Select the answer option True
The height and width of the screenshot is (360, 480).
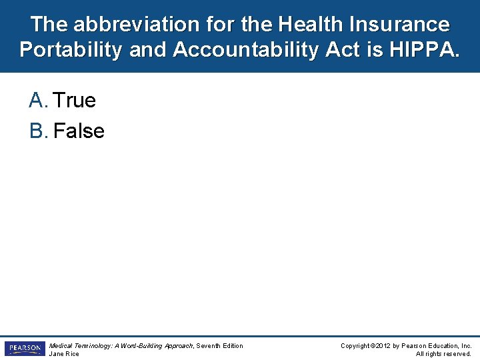(74, 101)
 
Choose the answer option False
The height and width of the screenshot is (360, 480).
(79, 131)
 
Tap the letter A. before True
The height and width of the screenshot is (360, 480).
(39, 101)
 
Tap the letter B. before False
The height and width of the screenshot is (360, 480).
(39, 131)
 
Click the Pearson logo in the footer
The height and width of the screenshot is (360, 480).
(25, 349)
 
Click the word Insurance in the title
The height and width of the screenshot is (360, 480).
(399, 25)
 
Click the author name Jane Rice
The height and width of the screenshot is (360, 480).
(64, 354)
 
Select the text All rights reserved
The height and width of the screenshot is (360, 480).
(443, 354)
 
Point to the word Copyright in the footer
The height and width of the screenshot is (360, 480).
(355, 345)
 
